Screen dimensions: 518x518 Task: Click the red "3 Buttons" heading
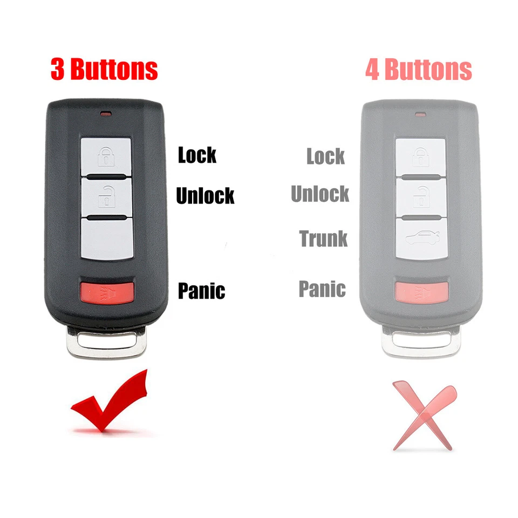(x=104, y=70)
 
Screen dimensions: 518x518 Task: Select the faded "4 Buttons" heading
(x=419, y=70)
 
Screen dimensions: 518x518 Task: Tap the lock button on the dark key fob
(x=106, y=155)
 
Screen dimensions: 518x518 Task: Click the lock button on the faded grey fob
(x=421, y=156)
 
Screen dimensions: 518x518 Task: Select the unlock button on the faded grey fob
(x=421, y=197)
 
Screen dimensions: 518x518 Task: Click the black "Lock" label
(x=197, y=155)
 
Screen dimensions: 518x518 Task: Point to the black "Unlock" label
(x=205, y=195)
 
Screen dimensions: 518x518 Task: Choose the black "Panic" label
(x=201, y=291)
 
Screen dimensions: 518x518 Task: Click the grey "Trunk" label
(x=324, y=238)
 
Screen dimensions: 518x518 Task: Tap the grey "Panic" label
(x=322, y=289)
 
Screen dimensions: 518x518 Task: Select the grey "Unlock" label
(x=320, y=194)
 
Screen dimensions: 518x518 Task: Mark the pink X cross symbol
(x=423, y=414)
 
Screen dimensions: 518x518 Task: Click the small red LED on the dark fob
(x=106, y=114)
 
